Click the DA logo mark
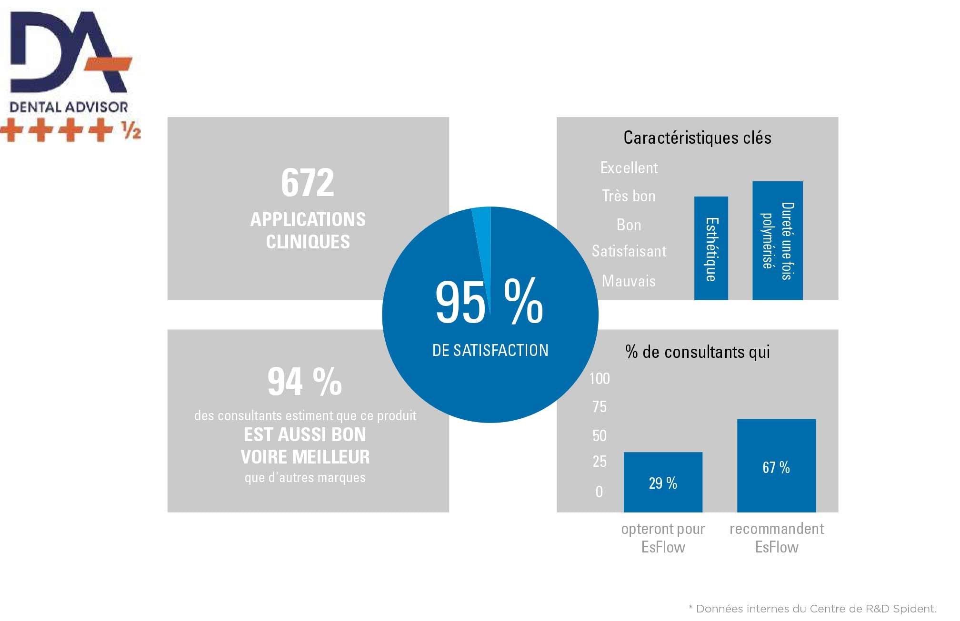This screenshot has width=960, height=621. coord(69,52)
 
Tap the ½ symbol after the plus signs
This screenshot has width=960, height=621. coord(130,130)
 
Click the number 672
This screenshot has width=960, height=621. coord(308,183)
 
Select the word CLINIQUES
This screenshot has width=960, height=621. coord(308,242)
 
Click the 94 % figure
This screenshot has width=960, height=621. coord(305,382)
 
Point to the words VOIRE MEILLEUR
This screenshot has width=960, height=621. coord(305,457)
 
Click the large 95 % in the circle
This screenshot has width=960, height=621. coord(489,302)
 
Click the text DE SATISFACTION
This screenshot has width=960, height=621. coord(490,350)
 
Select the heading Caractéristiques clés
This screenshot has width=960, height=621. coord(697,138)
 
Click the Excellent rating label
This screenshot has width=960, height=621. coord(629,168)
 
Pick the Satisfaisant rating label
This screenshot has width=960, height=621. coord(629,251)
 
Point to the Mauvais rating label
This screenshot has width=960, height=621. coord(629,281)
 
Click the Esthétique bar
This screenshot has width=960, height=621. coord(711,248)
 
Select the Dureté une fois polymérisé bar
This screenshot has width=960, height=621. coord(777,241)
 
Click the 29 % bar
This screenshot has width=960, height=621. coord(663,482)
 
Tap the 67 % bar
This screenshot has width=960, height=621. coord(776,465)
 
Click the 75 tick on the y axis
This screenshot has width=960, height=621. coord(600,407)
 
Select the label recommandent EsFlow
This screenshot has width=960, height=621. coord(777,538)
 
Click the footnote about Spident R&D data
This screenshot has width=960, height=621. coord(812,609)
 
